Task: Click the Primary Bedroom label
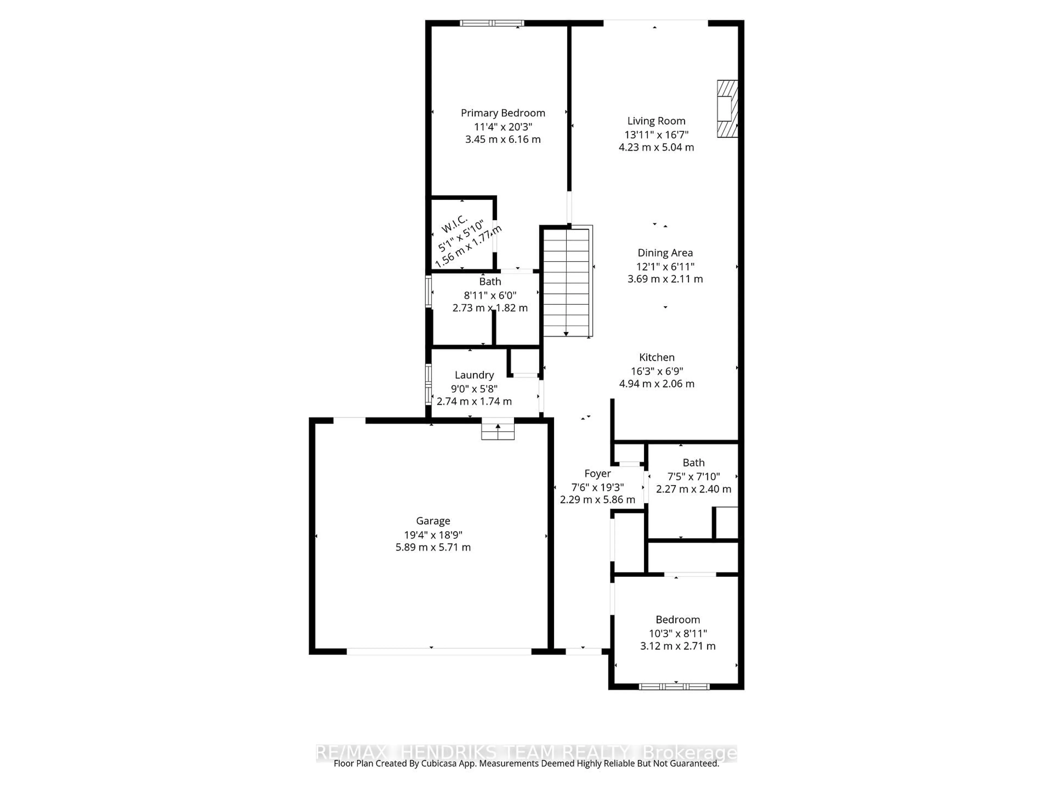coord(503,113)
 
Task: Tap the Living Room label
coord(656,121)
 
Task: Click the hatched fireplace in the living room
coord(727,109)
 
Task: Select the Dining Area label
coord(665,253)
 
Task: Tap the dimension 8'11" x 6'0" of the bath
coord(490,295)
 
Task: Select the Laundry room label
coord(474,375)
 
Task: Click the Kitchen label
coord(656,357)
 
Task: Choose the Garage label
coord(433,521)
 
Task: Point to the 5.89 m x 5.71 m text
coord(433,548)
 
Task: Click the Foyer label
coord(598,474)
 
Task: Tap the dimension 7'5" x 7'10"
coord(693,476)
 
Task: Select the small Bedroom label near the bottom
coord(677,620)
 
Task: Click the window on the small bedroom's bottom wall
coord(674,686)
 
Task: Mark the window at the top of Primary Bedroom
coord(492,23)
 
